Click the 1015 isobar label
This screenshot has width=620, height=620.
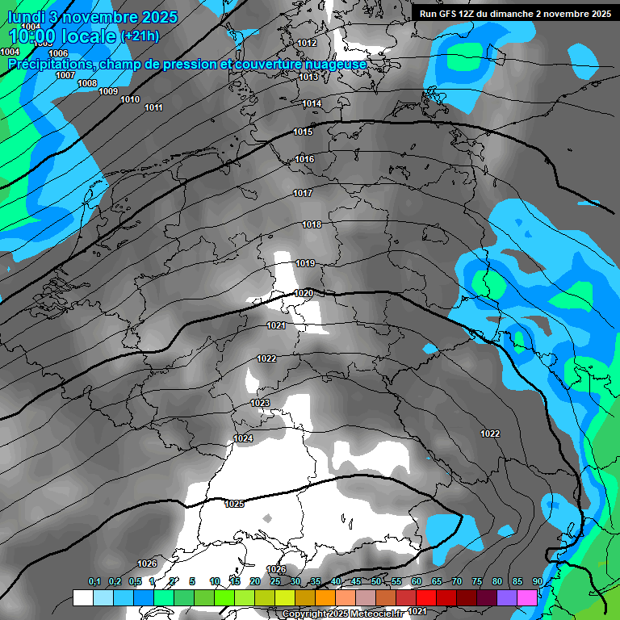pyautogui.click(x=303, y=132)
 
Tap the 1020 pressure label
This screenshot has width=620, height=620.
pyautogui.click(x=304, y=293)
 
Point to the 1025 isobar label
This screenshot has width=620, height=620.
pyautogui.click(x=234, y=504)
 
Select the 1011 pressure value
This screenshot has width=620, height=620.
pyautogui.click(x=153, y=107)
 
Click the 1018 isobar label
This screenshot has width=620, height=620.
pyautogui.click(x=312, y=224)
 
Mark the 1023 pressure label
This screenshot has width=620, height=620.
pyautogui.click(x=260, y=403)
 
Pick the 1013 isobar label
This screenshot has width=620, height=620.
pyautogui.click(x=308, y=77)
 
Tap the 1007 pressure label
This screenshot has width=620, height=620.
pyautogui.click(x=65, y=75)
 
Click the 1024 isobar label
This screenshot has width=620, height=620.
pyautogui.click(x=243, y=438)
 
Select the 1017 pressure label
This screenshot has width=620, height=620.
pyautogui.click(x=303, y=193)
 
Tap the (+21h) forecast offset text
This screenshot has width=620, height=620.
pyautogui.click(x=140, y=36)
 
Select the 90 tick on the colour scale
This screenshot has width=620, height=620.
pyautogui.click(x=537, y=581)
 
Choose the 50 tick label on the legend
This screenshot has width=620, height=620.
pyautogui.click(x=376, y=581)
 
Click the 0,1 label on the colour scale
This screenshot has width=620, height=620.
pyautogui.click(x=94, y=581)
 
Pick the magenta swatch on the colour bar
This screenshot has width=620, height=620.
pyautogui.click(x=527, y=597)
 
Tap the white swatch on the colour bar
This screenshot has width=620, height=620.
pyautogui.click(x=82, y=597)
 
